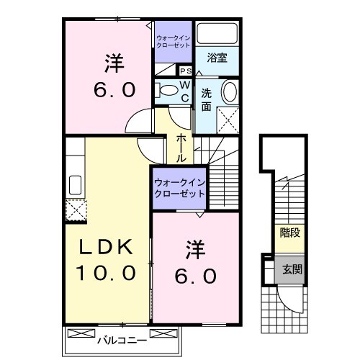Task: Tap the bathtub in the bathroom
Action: coord(217,33)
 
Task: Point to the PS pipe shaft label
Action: coord(185,71)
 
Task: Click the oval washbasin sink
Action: coord(228,92)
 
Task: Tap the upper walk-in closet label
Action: coord(173,40)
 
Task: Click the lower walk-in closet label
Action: coord(179,188)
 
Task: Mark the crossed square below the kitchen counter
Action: coord(75,210)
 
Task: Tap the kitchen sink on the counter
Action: coord(74,186)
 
